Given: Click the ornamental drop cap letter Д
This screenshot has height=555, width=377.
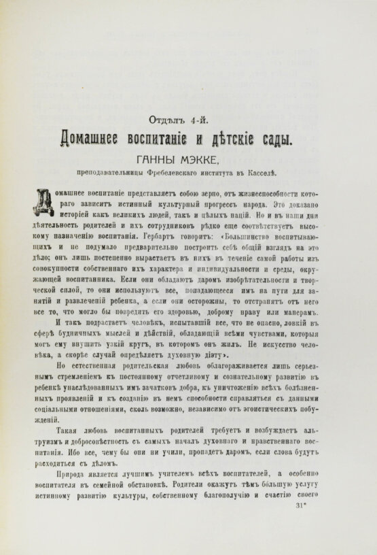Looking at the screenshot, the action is click(x=42, y=203).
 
